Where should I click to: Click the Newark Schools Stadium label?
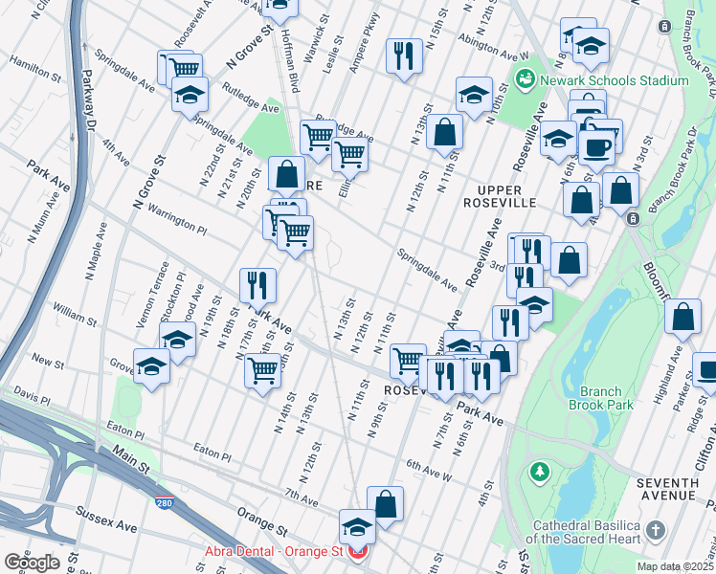tap(613, 80)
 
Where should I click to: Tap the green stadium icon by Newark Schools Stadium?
tap(525, 78)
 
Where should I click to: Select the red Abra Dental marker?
tap(357, 552)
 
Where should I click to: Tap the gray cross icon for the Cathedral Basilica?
tap(655, 529)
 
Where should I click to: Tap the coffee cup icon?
tap(598, 148)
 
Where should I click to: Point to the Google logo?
tap(33, 563)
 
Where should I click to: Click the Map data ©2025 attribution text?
tap(676, 566)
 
